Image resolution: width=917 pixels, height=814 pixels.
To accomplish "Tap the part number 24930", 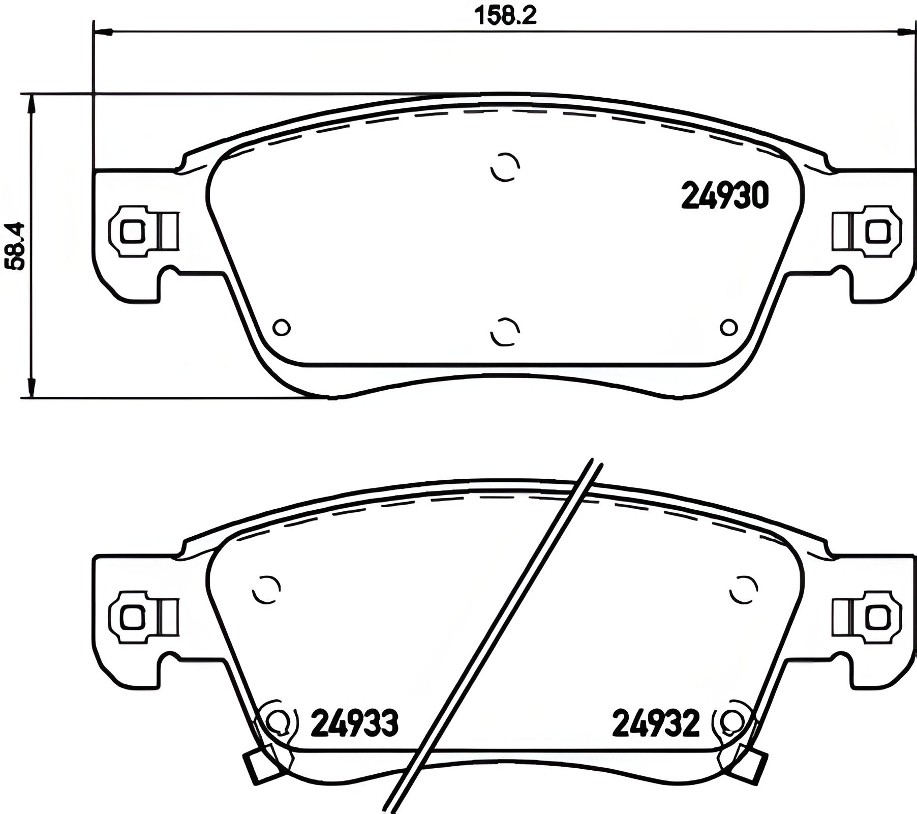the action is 724,196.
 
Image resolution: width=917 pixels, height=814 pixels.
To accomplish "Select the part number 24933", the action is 354,723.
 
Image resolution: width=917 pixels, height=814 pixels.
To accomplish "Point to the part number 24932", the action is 656,723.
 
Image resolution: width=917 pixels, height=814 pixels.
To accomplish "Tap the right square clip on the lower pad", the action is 878,617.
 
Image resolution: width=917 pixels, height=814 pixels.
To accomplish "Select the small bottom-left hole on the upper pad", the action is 282,327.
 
